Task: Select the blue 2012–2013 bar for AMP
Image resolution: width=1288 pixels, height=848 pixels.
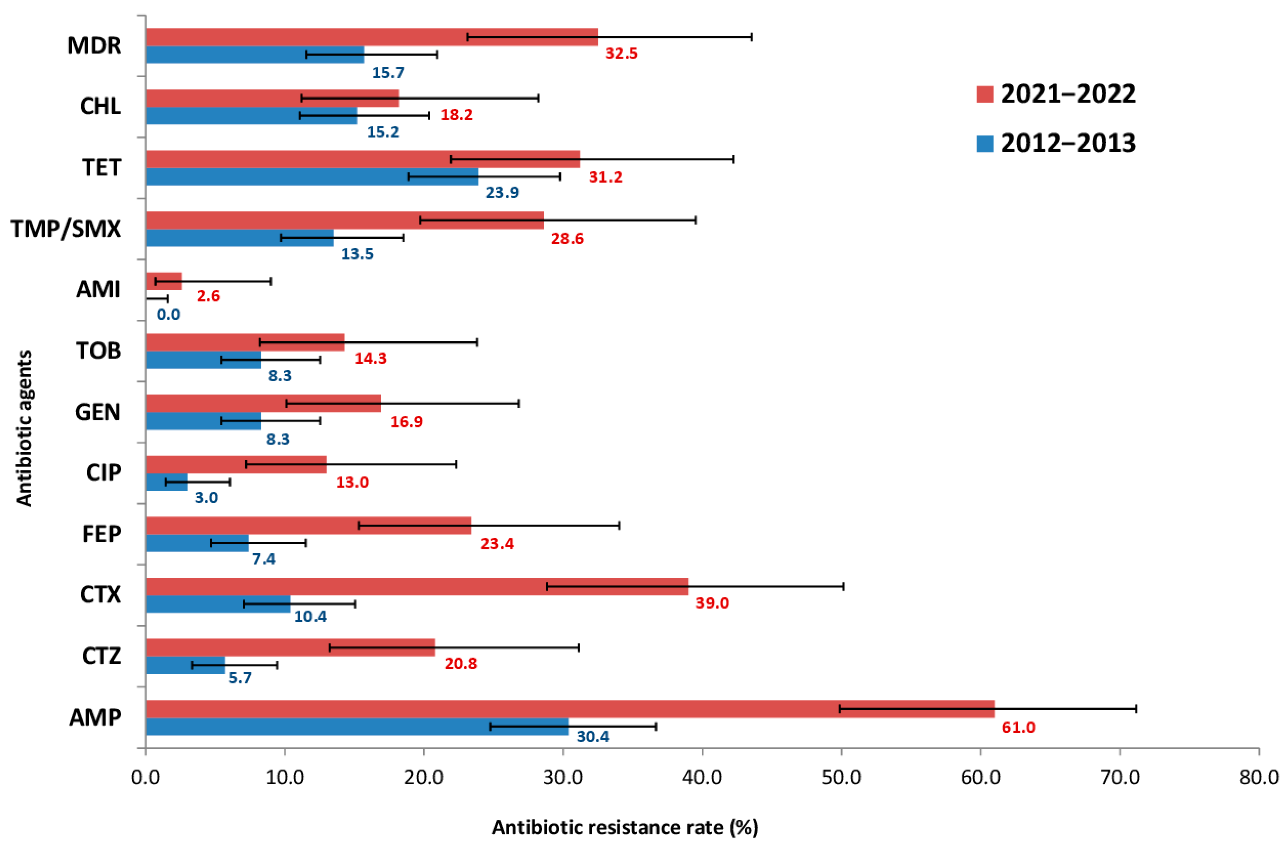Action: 357,726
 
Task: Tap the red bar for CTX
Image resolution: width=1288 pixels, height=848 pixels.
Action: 417,586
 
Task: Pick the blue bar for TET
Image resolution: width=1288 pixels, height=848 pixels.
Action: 312,177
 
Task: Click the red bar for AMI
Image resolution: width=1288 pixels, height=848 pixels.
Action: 164,281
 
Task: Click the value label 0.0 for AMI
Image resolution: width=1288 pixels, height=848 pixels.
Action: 168,314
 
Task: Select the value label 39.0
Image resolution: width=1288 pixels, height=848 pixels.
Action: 712,603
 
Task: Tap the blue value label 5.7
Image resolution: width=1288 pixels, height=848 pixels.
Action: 240,678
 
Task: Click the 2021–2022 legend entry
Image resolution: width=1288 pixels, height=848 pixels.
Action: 1055,94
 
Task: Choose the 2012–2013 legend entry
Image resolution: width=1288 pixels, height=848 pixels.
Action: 1055,143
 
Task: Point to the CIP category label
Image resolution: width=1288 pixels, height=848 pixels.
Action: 103,473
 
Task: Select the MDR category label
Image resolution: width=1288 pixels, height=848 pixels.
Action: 94,46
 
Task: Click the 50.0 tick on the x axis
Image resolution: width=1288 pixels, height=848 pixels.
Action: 841,777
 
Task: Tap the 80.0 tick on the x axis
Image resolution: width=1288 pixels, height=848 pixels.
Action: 1259,777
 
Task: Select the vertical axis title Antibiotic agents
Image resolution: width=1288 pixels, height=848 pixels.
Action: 24,428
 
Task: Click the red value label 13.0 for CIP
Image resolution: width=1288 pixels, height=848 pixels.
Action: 352,482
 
